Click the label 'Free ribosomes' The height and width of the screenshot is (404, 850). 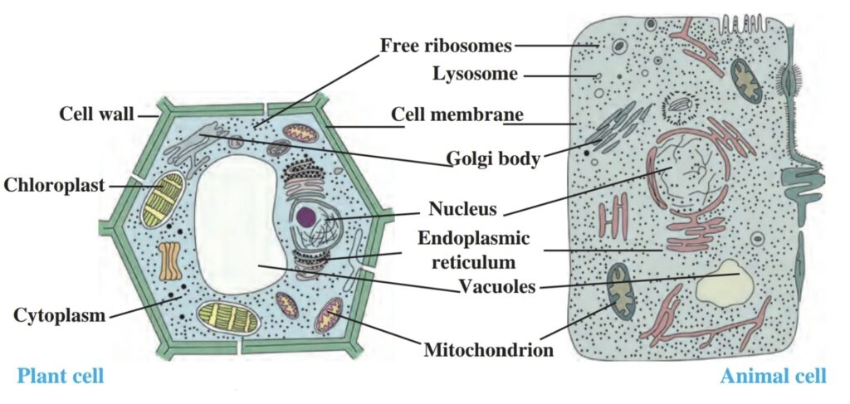[x=446, y=45]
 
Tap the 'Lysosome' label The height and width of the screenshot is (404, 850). [x=475, y=75]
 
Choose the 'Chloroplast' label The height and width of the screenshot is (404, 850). [x=54, y=185]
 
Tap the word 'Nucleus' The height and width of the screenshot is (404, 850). [x=462, y=207]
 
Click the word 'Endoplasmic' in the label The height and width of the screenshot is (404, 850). [x=473, y=239]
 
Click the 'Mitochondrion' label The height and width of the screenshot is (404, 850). [x=488, y=349]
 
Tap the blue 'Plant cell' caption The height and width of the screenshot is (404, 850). [x=61, y=377]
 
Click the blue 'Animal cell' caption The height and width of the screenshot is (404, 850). [x=773, y=377]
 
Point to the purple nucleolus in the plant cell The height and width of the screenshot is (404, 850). [x=305, y=217]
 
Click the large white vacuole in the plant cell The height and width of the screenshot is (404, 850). [x=236, y=224]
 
